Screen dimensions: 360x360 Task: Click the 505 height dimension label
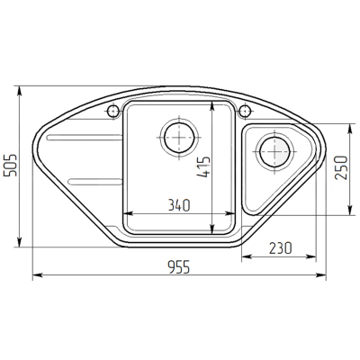click(10, 166)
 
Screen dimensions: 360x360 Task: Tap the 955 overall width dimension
click(179, 267)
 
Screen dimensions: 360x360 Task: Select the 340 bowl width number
click(179, 205)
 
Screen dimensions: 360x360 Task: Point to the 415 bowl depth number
click(203, 166)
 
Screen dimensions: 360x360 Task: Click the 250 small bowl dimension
click(341, 167)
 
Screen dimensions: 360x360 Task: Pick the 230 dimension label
click(280, 247)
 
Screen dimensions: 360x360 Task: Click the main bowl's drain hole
click(179, 138)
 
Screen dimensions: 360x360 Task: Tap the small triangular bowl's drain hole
click(274, 151)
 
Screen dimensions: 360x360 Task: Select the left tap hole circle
click(113, 112)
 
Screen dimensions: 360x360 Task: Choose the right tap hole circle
click(245, 112)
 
